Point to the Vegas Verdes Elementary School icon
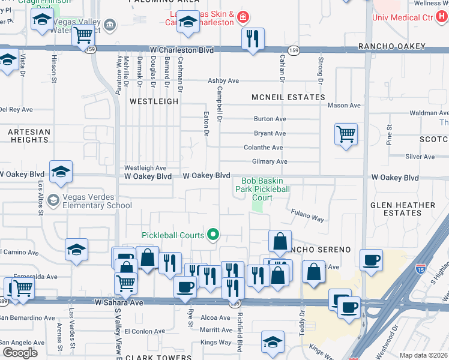(53, 200)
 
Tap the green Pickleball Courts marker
(212, 235)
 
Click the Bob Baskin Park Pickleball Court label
(265, 189)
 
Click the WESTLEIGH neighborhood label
(154, 101)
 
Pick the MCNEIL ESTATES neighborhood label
(288, 97)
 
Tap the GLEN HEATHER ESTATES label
(403, 209)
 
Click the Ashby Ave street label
(223, 80)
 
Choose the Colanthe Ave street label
(263, 148)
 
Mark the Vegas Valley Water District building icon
(110, 24)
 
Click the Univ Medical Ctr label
(410, 17)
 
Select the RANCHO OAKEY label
(391, 46)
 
